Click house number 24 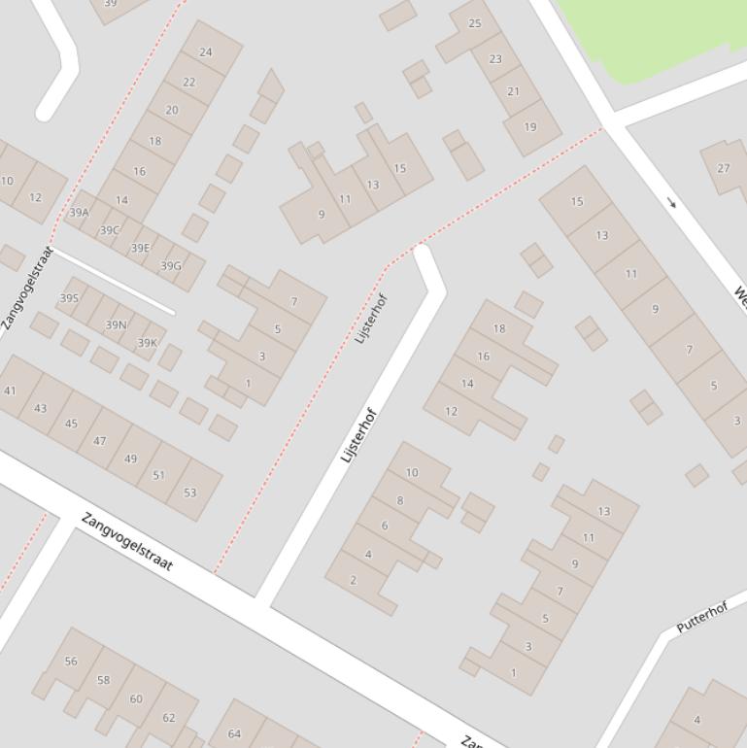point(205,52)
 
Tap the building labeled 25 point(475,23)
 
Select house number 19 point(530,126)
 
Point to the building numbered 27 point(724,168)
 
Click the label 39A point(80,213)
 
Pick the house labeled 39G point(171,266)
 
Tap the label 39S point(69,298)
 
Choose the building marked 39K point(147,343)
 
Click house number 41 point(10,391)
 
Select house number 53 point(189,493)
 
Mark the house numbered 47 point(99,441)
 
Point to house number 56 point(71,662)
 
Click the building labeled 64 point(234,733)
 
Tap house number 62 point(169,718)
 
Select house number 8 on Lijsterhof point(400,501)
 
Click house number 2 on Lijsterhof point(353,580)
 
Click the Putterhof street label point(701,618)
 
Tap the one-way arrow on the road point(671,203)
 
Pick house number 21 point(513,91)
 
